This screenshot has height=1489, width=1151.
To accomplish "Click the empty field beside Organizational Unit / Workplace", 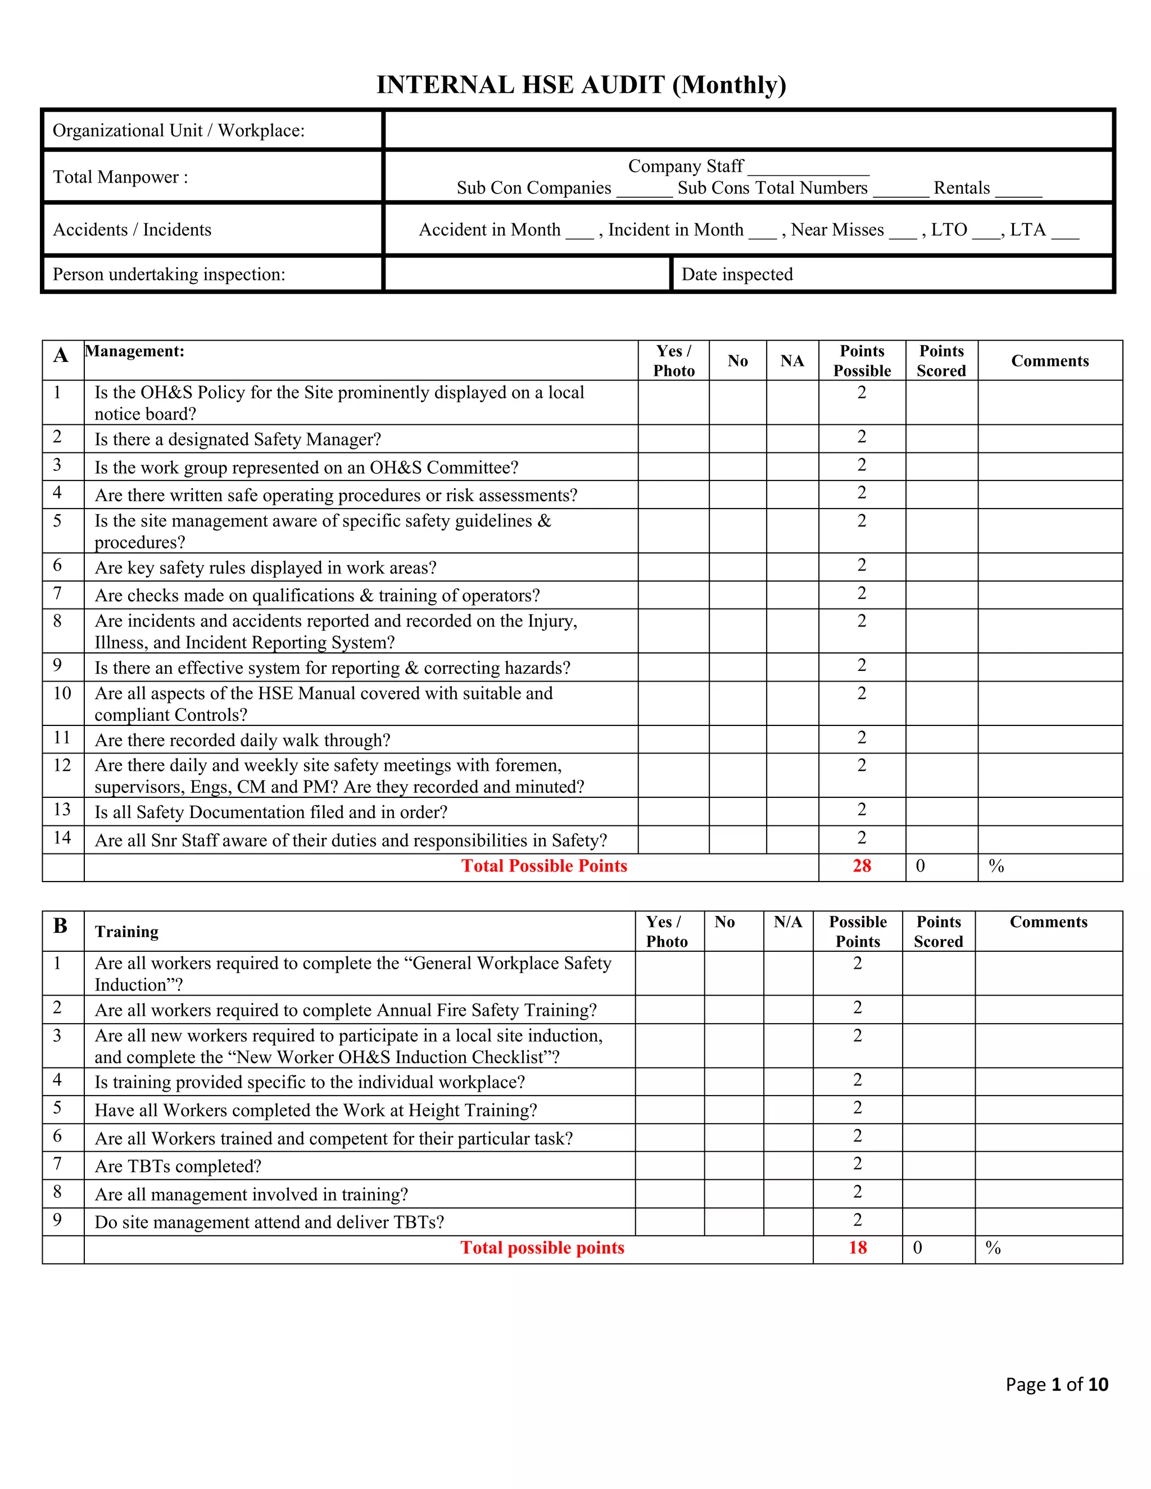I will tap(748, 130).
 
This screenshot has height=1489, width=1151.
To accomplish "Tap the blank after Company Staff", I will tap(808, 167).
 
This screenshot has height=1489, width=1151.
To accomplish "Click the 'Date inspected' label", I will tap(737, 274).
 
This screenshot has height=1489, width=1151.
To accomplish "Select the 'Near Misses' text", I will tap(837, 230).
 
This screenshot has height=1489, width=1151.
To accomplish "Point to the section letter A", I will tap(61, 355).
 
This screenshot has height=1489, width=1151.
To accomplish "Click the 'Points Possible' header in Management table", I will tap(862, 361).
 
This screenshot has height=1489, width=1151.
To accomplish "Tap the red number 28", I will tap(862, 866).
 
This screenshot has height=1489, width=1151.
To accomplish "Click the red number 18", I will tap(858, 1247).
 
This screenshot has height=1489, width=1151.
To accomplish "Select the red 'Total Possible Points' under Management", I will tap(544, 866).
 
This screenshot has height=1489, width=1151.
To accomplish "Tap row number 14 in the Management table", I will tap(62, 838).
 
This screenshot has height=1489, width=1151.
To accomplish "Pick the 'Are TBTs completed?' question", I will tap(178, 1166).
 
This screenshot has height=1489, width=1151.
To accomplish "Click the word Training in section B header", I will tap(127, 932).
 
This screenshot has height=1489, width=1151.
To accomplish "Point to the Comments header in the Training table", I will tap(1048, 923).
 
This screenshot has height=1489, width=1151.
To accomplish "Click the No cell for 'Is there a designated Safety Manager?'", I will tap(737, 438).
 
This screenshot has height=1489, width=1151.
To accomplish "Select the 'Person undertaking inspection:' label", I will tap(169, 274).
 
